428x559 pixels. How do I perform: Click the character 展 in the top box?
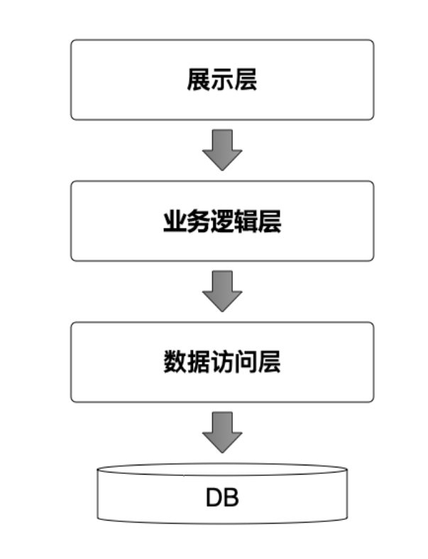(x=199, y=80)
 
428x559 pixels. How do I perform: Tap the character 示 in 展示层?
(x=222, y=80)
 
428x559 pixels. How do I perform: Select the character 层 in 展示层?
(x=246, y=80)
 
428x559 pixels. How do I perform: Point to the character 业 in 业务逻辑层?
(x=175, y=222)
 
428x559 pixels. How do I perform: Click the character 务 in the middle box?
(x=198, y=222)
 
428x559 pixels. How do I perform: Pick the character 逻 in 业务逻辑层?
(x=222, y=222)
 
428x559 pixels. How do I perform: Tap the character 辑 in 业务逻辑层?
(x=246, y=222)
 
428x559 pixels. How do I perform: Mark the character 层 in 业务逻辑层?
(x=270, y=222)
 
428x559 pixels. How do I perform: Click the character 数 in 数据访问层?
(x=175, y=362)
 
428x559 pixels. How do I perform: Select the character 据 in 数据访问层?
(x=198, y=362)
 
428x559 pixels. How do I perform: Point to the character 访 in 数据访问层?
(x=222, y=362)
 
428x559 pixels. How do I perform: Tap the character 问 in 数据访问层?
(x=246, y=362)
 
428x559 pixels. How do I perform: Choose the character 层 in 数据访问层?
(x=270, y=362)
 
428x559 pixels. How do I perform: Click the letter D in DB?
(x=214, y=498)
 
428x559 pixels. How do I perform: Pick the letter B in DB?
(x=231, y=498)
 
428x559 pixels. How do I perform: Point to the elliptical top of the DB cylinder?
(x=222, y=470)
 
